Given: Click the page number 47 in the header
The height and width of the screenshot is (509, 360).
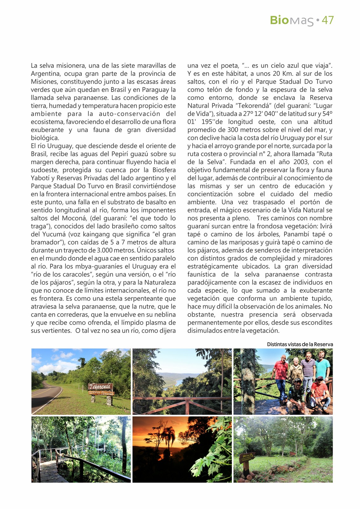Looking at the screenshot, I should pos(328,20).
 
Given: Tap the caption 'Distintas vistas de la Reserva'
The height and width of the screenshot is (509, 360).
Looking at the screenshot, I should pos(300,344).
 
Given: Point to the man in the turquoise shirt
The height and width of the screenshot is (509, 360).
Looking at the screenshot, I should pos(322,367).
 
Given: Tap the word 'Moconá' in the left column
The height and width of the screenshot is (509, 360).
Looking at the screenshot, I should pos(72,218).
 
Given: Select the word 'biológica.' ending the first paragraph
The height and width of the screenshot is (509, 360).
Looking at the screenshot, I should pos(45,138).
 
